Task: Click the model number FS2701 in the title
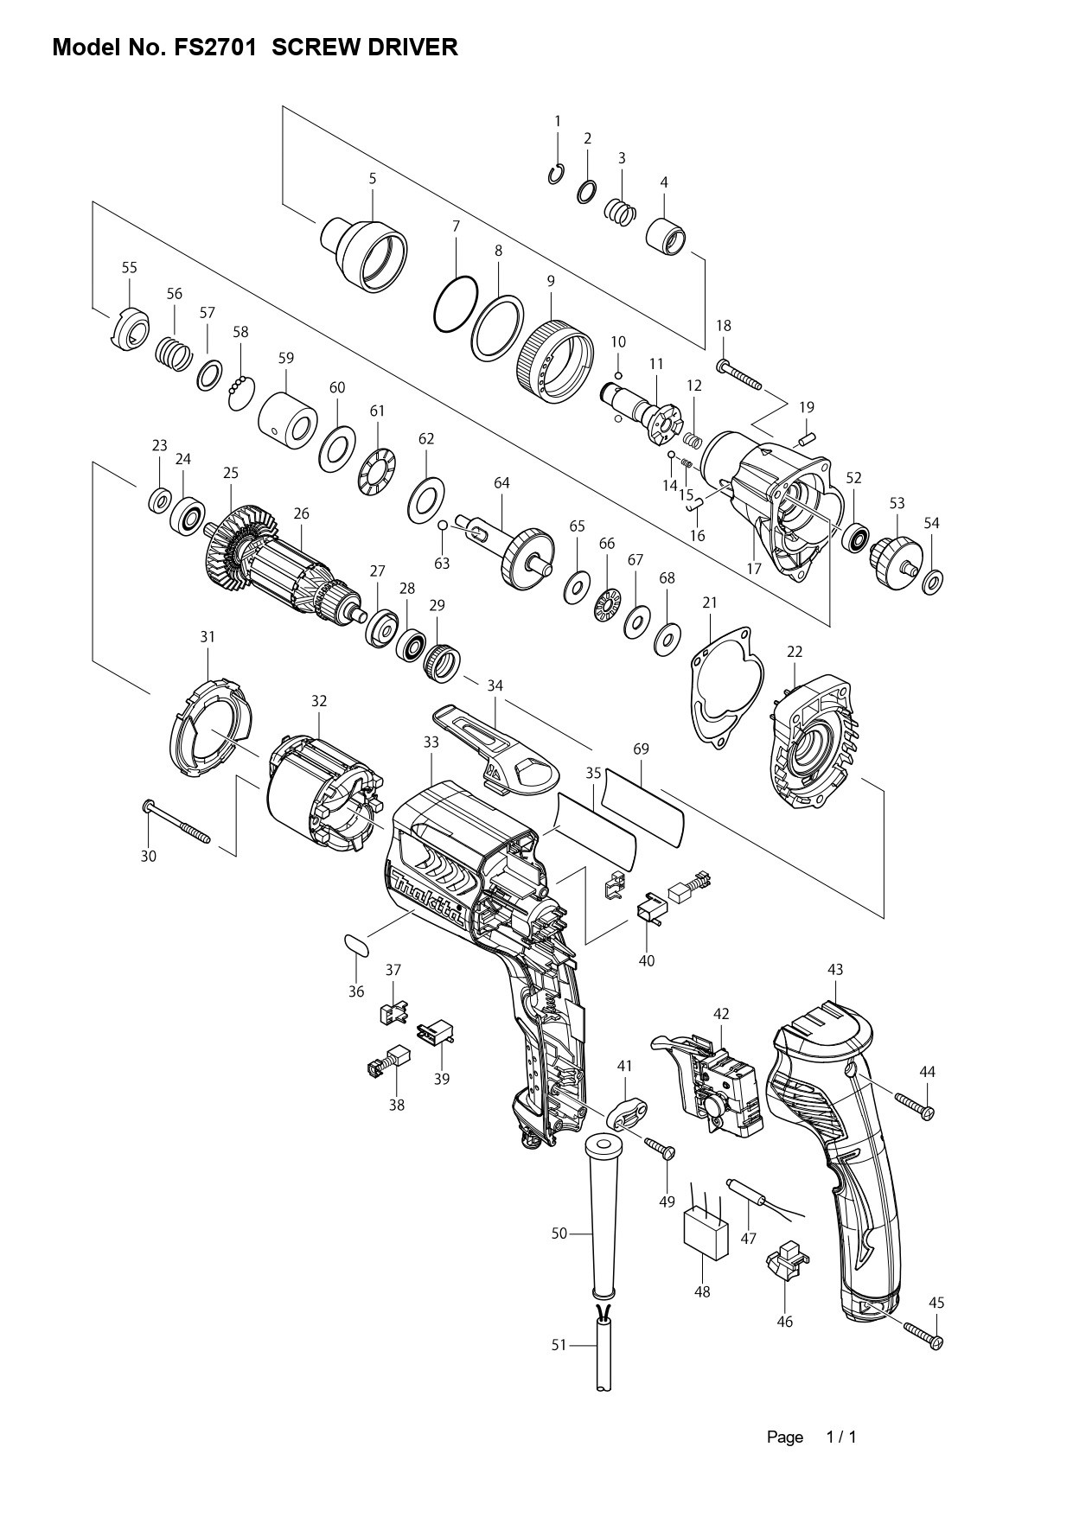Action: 215,48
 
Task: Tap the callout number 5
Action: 373,179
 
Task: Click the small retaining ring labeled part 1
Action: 556,175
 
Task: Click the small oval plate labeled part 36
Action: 356,943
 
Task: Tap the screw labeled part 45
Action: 922,1335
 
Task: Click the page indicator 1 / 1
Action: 841,1437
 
